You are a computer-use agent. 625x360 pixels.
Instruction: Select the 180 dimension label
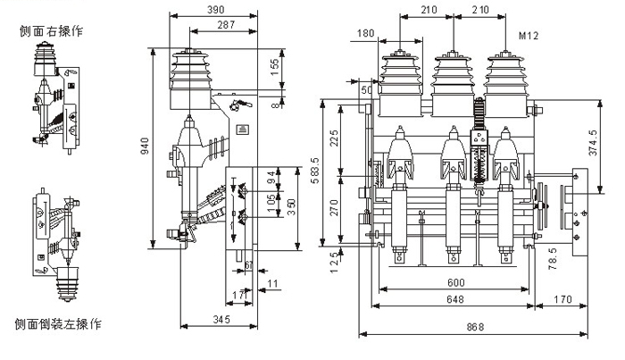[365, 34]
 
